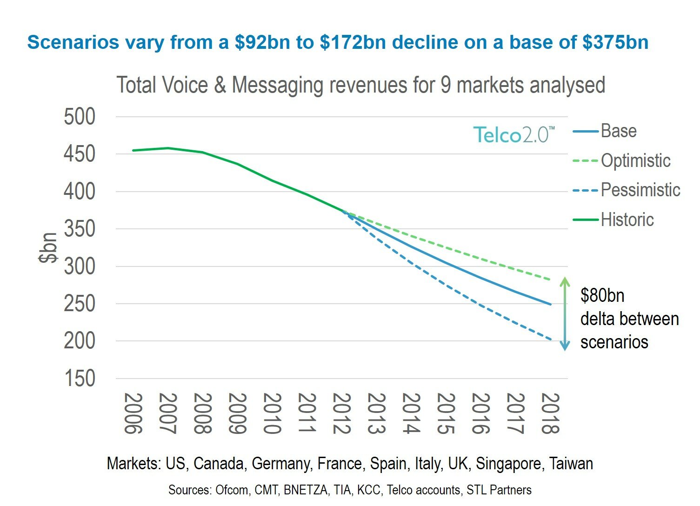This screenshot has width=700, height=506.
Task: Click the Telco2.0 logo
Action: [514, 134]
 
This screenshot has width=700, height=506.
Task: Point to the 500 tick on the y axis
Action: [80, 117]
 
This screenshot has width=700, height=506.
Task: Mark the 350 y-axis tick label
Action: [80, 229]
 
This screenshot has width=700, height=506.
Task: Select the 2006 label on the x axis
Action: [133, 413]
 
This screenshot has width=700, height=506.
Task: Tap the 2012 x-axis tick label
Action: [342, 413]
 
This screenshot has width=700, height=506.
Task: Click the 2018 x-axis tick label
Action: [550, 413]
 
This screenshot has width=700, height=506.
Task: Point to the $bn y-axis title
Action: [48, 248]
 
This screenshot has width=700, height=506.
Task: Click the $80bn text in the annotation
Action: [602, 296]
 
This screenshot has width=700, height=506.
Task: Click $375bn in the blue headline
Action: [615, 42]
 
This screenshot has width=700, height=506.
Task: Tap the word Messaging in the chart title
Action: [277, 86]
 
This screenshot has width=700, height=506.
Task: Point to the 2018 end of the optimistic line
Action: [551, 280]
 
